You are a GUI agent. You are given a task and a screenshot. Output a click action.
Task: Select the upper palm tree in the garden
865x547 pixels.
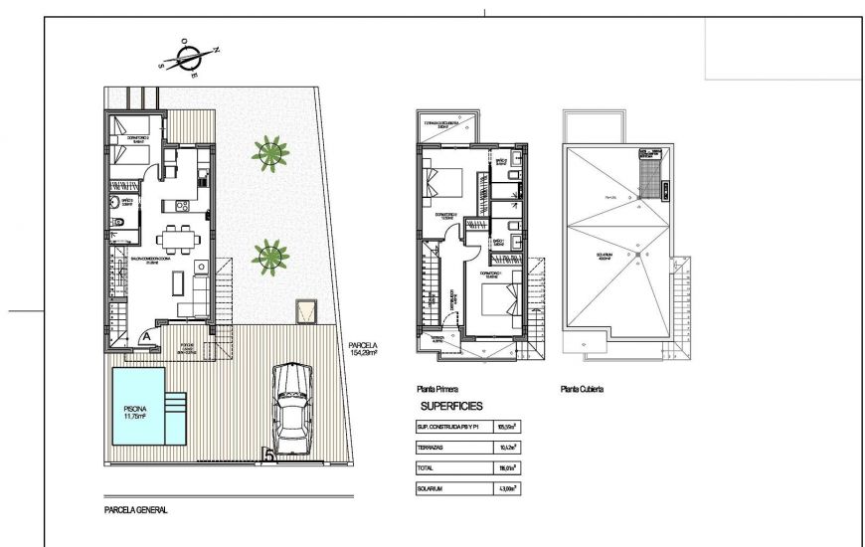click(x=269, y=153)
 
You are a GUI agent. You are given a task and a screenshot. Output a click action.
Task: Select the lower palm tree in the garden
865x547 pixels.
click(x=268, y=258)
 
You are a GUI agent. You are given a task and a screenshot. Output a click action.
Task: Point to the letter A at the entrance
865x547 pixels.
click(x=147, y=337)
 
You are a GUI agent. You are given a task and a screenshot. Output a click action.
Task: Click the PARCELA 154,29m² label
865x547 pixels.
click(x=363, y=348)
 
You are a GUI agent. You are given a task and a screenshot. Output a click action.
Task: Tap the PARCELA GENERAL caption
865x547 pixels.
click(x=136, y=510)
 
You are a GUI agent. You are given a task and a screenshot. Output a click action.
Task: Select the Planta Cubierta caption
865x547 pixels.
click(x=582, y=390)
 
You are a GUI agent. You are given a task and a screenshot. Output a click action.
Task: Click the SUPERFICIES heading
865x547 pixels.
click(x=451, y=407)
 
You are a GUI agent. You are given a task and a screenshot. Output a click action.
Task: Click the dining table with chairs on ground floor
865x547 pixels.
click(x=180, y=239)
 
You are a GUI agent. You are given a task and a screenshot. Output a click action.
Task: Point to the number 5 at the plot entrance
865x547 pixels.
click(x=265, y=456)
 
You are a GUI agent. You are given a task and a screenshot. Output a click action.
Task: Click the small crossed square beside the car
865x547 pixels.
click(x=307, y=312)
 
